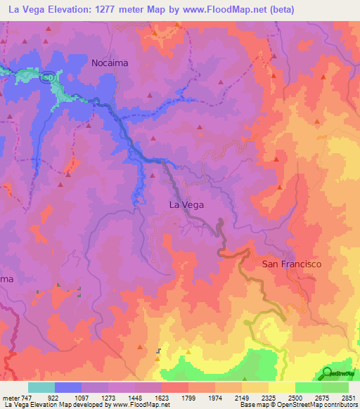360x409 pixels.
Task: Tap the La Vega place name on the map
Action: coord(187,204)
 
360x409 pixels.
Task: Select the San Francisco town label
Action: coord(291,264)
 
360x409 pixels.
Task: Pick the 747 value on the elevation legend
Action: coord(28,397)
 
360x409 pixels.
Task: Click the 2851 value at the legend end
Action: coord(348,397)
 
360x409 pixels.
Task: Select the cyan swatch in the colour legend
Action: coord(41,387)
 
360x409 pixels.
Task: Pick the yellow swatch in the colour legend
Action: coord(281,387)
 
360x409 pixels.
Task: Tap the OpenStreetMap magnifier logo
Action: coord(328,372)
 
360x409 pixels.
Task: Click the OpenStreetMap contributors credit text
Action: coord(323,405)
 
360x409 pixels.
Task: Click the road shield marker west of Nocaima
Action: coord(47,78)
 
